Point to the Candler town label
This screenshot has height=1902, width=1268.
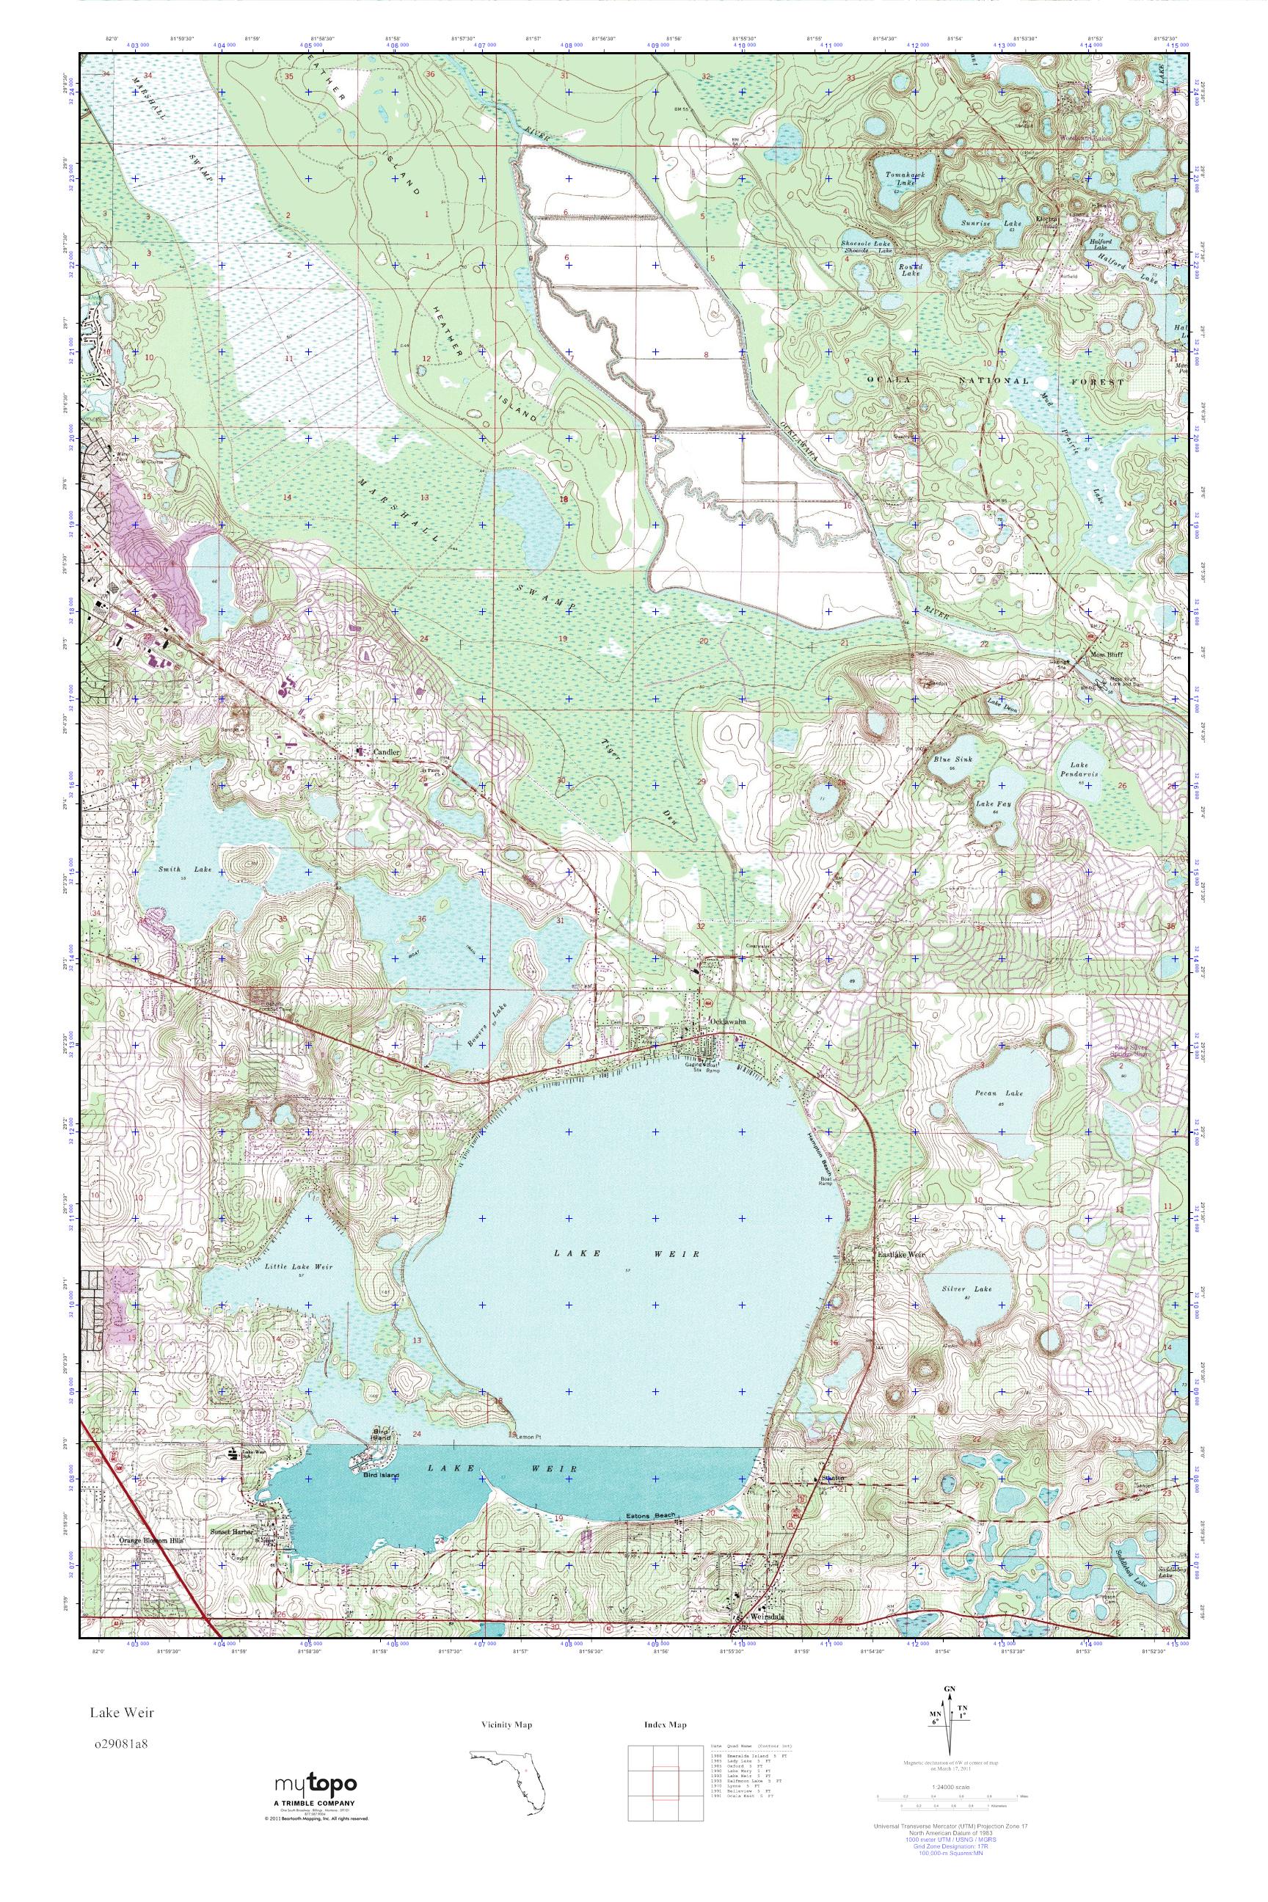click(x=387, y=752)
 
